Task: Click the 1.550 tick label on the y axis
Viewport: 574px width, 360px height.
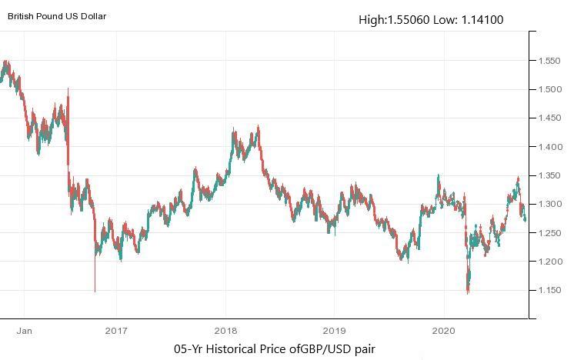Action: click(x=549, y=61)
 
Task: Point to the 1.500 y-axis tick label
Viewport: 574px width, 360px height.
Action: click(x=549, y=89)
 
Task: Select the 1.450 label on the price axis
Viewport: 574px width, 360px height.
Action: click(x=549, y=118)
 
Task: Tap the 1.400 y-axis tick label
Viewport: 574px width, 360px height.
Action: click(x=549, y=147)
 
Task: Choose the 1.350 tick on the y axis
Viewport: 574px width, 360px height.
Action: click(x=549, y=176)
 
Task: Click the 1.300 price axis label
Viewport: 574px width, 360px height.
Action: click(x=549, y=205)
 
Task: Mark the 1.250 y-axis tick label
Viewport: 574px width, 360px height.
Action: click(x=549, y=233)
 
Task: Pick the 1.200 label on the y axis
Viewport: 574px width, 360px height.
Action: click(x=549, y=262)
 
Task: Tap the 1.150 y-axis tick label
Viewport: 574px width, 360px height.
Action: click(x=549, y=291)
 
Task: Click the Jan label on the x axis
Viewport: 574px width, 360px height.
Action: click(x=24, y=332)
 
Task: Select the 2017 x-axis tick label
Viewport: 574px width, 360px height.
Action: click(x=115, y=332)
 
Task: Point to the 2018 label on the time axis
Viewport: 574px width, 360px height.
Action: click(x=225, y=332)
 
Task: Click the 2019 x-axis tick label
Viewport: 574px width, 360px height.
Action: click(x=333, y=332)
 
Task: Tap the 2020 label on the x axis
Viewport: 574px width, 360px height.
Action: click(x=442, y=332)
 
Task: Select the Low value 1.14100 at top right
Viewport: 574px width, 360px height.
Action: click(x=482, y=19)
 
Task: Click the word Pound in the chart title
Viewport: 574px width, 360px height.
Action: click(x=58, y=15)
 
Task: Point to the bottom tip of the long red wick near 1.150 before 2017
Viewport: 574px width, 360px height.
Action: click(x=95, y=292)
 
